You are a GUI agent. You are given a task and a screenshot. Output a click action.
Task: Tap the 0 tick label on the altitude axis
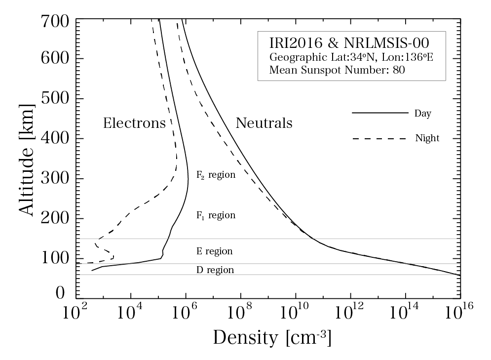60,293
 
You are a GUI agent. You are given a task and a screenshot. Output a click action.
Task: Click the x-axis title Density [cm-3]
272,338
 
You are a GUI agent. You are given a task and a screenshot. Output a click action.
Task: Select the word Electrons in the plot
134,123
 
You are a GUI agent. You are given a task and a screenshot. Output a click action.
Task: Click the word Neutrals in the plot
264,123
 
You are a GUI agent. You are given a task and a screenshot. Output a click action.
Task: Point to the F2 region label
216,175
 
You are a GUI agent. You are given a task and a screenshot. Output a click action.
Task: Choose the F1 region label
216,216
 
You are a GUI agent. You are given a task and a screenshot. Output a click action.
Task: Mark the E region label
214,251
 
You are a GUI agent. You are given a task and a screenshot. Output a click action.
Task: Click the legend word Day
423,114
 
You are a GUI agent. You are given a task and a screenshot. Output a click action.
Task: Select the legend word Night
427,139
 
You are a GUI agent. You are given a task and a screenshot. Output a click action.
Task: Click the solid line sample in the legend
379,113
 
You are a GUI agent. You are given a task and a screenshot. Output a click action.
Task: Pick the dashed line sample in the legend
379,139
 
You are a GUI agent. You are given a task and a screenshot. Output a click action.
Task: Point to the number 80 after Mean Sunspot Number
399,70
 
